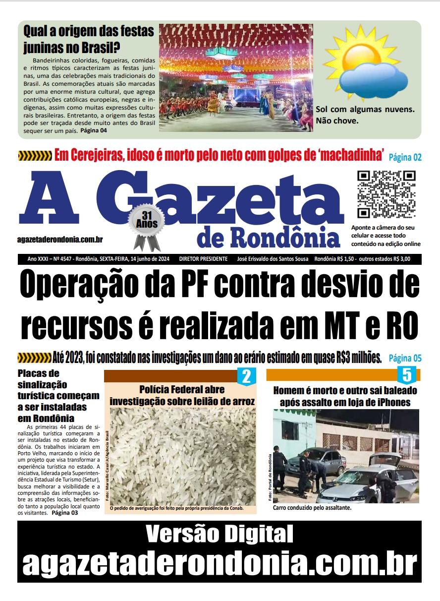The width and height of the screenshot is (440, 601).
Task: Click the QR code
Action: [x=386, y=194]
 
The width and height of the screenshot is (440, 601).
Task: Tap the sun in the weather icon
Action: [x=351, y=55]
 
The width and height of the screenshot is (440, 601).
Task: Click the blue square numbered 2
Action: [x=246, y=376]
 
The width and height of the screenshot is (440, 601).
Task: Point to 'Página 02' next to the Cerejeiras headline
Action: [x=405, y=157]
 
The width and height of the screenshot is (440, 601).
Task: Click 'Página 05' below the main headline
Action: [x=405, y=358]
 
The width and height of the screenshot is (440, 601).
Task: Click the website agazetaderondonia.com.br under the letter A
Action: [x=59, y=240]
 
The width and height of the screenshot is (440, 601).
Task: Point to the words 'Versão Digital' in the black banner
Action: [x=220, y=535]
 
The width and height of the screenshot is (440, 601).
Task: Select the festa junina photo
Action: [x=236, y=77]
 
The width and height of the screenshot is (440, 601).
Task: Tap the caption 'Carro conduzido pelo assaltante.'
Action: [x=312, y=508]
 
